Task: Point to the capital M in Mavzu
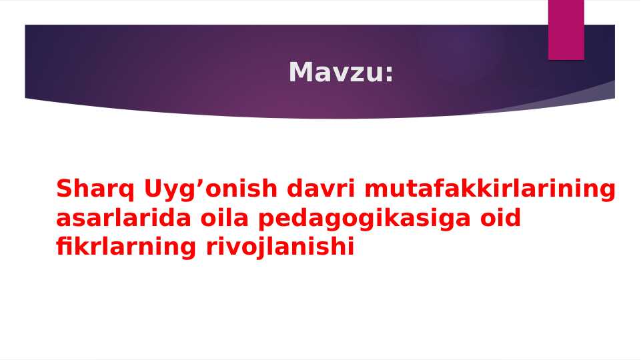pyautogui.click(x=301, y=72)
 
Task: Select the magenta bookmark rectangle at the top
pyautogui.click(x=566, y=30)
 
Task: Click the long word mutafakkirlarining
pyautogui.click(x=490, y=190)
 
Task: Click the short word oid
pyautogui.click(x=500, y=218)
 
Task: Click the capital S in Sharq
pyautogui.click(x=64, y=189)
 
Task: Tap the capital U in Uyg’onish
pyautogui.click(x=154, y=189)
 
